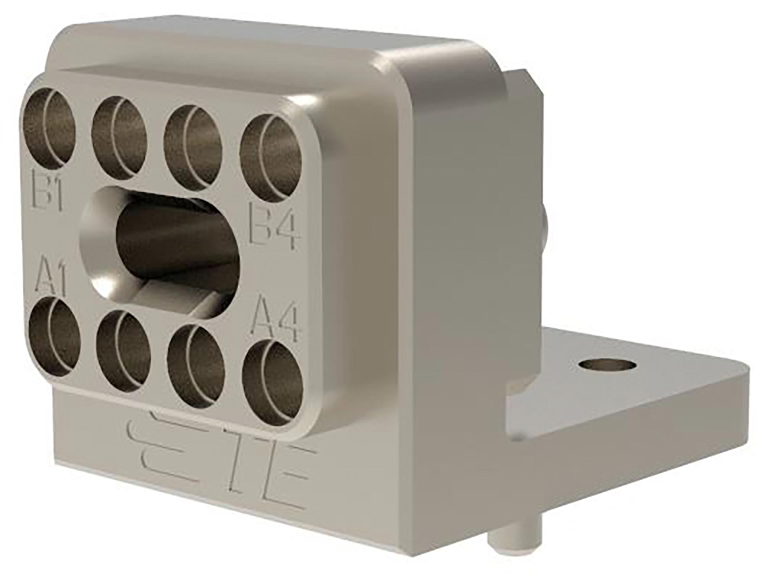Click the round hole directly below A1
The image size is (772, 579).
[x=54, y=336]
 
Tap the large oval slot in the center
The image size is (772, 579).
[x=162, y=247]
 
